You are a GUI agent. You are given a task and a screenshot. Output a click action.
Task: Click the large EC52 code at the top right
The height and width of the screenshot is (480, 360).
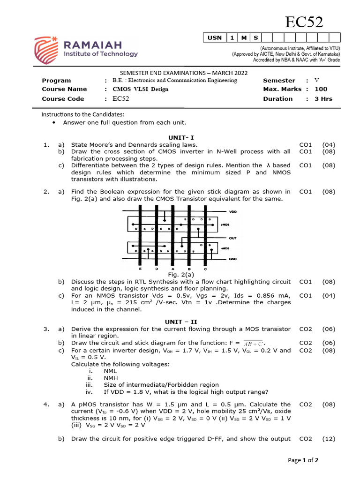[x=305, y=22]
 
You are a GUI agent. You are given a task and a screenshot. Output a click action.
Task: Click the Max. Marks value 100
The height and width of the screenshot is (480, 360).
[x=321, y=89]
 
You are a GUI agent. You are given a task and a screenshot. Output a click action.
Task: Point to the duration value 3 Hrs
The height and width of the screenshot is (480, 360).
[x=323, y=99]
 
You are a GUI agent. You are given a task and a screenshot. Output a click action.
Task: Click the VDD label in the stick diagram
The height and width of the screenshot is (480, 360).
[x=232, y=212]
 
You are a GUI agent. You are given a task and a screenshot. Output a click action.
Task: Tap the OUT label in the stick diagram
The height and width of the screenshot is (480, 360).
[x=232, y=238]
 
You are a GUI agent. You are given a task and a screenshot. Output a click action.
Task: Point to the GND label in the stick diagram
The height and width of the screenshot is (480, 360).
[x=232, y=259]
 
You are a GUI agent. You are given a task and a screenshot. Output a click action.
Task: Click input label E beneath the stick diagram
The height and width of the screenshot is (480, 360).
[x=140, y=269]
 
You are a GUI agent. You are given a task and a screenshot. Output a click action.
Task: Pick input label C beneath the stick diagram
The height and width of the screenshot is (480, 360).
[x=206, y=269]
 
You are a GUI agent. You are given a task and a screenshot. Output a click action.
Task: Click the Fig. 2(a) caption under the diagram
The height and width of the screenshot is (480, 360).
[x=181, y=275]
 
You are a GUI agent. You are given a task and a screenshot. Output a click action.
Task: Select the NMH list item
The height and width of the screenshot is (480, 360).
[x=111, y=378]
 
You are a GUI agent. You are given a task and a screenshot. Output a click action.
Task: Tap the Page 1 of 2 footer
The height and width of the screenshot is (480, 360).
[x=303, y=460]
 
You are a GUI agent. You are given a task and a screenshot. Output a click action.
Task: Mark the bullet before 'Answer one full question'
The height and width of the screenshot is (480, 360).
[x=55, y=123]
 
